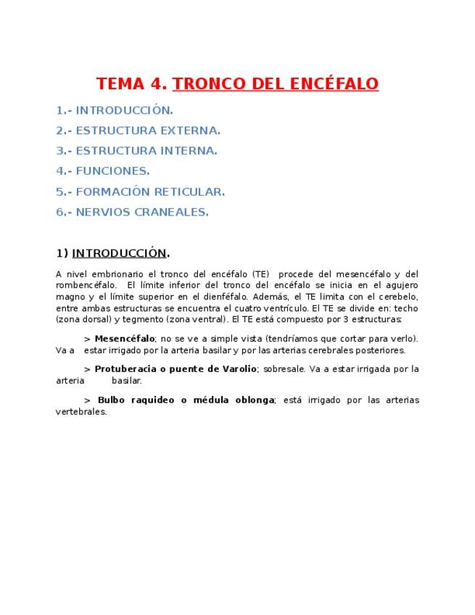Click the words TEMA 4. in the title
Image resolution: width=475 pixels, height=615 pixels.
pyautogui.click(x=132, y=83)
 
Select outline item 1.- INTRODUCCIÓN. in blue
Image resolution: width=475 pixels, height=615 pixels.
pyautogui.click(x=115, y=110)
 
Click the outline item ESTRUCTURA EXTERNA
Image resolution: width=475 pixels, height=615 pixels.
pyautogui.click(x=148, y=131)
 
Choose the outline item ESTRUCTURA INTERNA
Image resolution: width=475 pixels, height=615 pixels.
pyautogui.click(x=146, y=151)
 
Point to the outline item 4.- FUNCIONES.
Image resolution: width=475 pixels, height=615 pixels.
pyautogui.click(x=103, y=171)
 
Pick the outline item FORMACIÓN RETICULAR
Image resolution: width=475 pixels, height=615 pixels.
pyautogui.click(x=150, y=191)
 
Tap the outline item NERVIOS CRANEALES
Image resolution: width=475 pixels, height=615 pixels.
pyautogui.click(x=142, y=212)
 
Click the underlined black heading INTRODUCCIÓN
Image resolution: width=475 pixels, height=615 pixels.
pyautogui.click(x=119, y=253)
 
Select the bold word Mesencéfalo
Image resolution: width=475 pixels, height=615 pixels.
pyautogui.click(x=125, y=339)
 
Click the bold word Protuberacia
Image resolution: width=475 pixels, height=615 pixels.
pyautogui.click(x=125, y=369)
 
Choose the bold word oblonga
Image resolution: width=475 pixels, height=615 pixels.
pyautogui.click(x=251, y=400)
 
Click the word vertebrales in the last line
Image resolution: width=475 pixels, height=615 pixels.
pyautogui.click(x=81, y=411)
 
